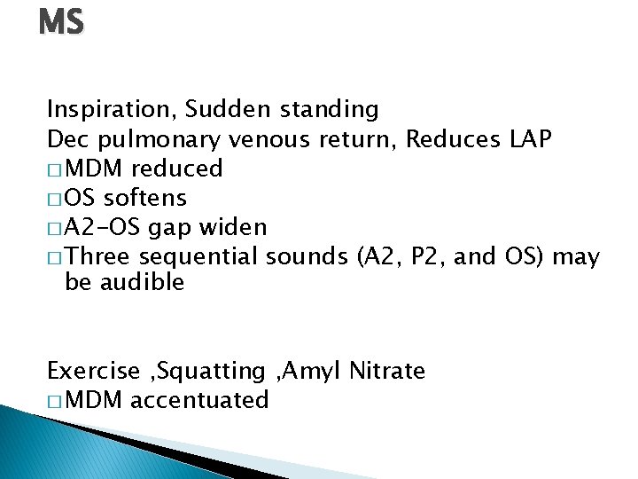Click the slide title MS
click(61, 22)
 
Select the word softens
click(145, 197)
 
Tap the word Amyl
click(314, 371)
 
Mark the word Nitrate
click(386, 371)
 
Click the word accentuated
click(198, 400)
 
